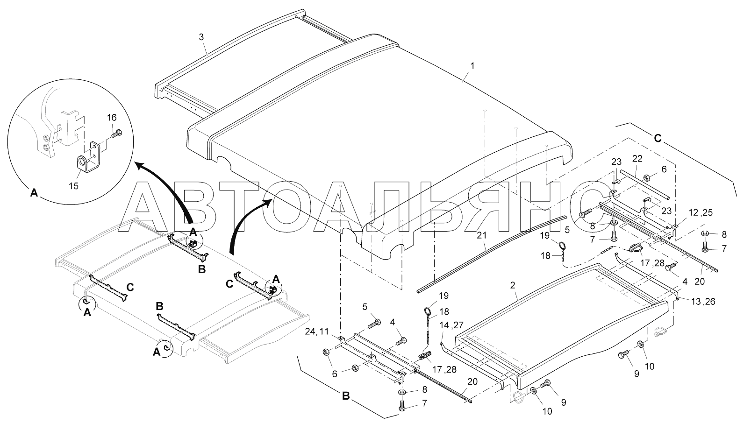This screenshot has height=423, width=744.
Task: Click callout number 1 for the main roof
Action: [472, 66]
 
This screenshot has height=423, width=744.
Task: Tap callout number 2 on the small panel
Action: [513, 285]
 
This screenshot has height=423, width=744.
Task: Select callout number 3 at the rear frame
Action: [201, 38]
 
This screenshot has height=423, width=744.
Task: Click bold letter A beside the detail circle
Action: [34, 192]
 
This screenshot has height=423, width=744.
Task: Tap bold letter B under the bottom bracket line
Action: [346, 397]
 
